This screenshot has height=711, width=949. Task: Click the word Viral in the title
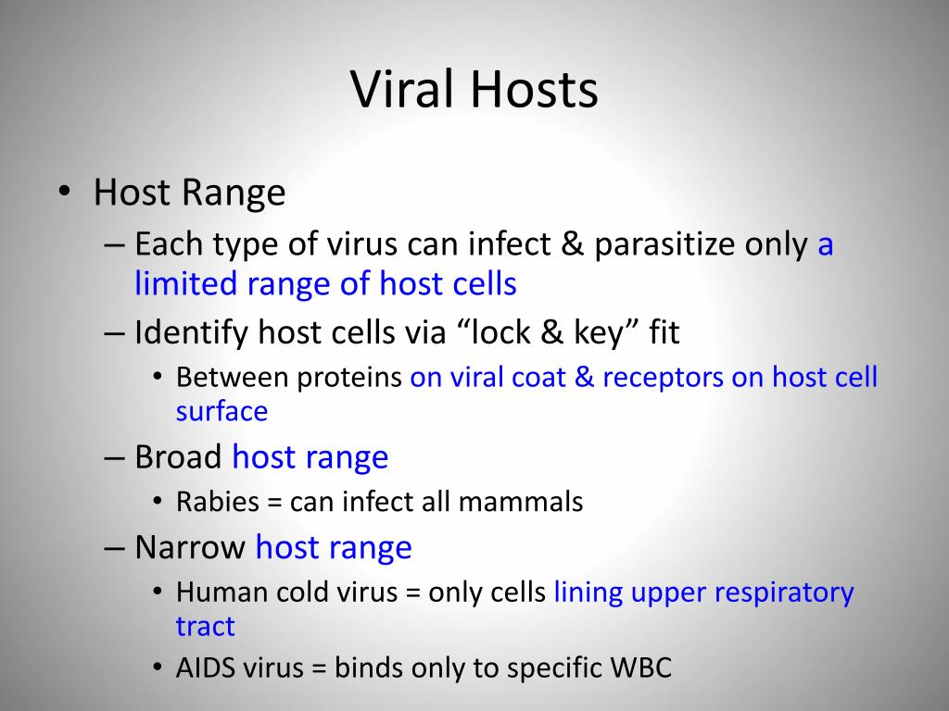pyautogui.click(x=401, y=89)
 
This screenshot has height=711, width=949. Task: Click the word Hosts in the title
pyautogui.click(x=535, y=89)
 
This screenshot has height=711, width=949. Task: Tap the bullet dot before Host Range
pyautogui.click(x=64, y=192)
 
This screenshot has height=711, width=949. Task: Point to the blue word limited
pyautogui.click(x=185, y=282)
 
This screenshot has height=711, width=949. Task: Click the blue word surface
pyautogui.click(x=221, y=412)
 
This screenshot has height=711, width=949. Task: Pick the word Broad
pyautogui.click(x=178, y=456)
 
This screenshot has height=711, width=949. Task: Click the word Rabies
pyautogui.click(x=218, y=502)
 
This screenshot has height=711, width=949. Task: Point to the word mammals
pyautogui.click(x=521, y=502)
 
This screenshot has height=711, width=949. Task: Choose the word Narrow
pyautogui.click(x=189, y=548)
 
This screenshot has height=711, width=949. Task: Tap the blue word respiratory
pyautogui.click(x=784, y=593)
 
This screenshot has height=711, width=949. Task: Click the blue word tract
pyautogui.click(x=205, y=627)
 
